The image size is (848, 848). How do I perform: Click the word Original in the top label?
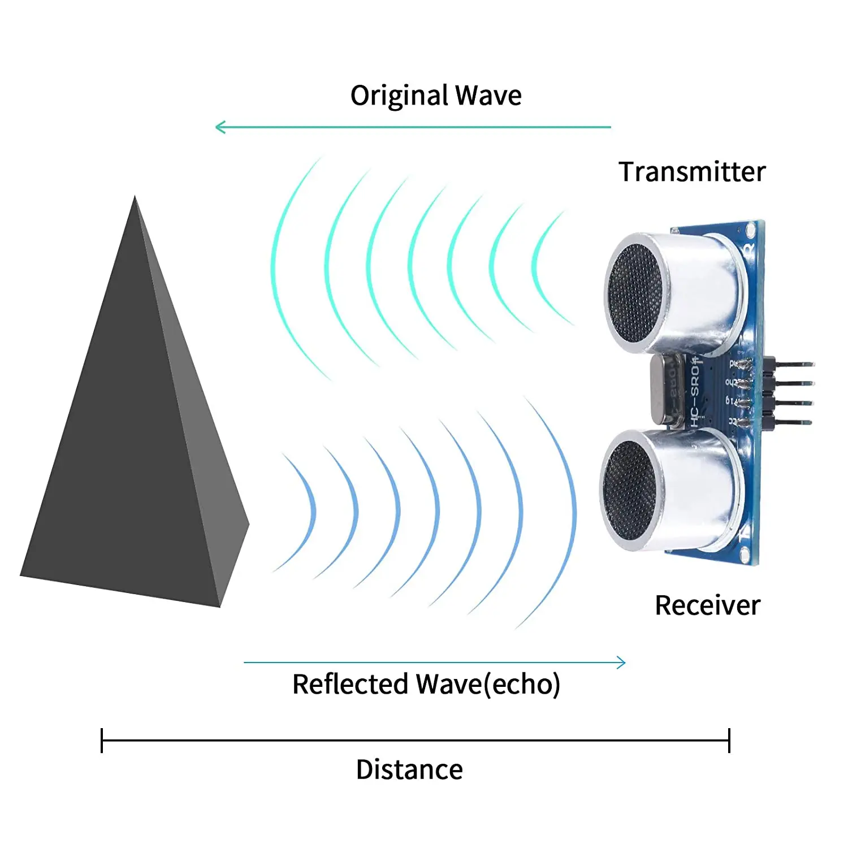click(x=400, y=96)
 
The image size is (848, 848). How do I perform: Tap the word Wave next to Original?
click(x=488, y=96)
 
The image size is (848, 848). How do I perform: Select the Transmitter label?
click(x=692, y=172)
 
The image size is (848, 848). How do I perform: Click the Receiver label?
click(x=707, y=605)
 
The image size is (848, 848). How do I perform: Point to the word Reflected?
click(x=350, y=684)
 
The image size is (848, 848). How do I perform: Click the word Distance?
click(x=409, y=770)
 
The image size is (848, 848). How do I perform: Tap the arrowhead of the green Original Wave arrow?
click(x=219, y=127)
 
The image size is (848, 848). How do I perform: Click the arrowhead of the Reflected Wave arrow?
click(x=622, y=663)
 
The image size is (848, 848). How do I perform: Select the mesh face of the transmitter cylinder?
click(x=636, y=294)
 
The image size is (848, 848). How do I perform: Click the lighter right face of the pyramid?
click(x=209, y=452)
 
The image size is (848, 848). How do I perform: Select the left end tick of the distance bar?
click(x=102, y=741)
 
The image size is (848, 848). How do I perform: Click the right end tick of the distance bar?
click(x=729, y=741)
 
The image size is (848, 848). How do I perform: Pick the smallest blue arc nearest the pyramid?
click(x=312, y=512)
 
